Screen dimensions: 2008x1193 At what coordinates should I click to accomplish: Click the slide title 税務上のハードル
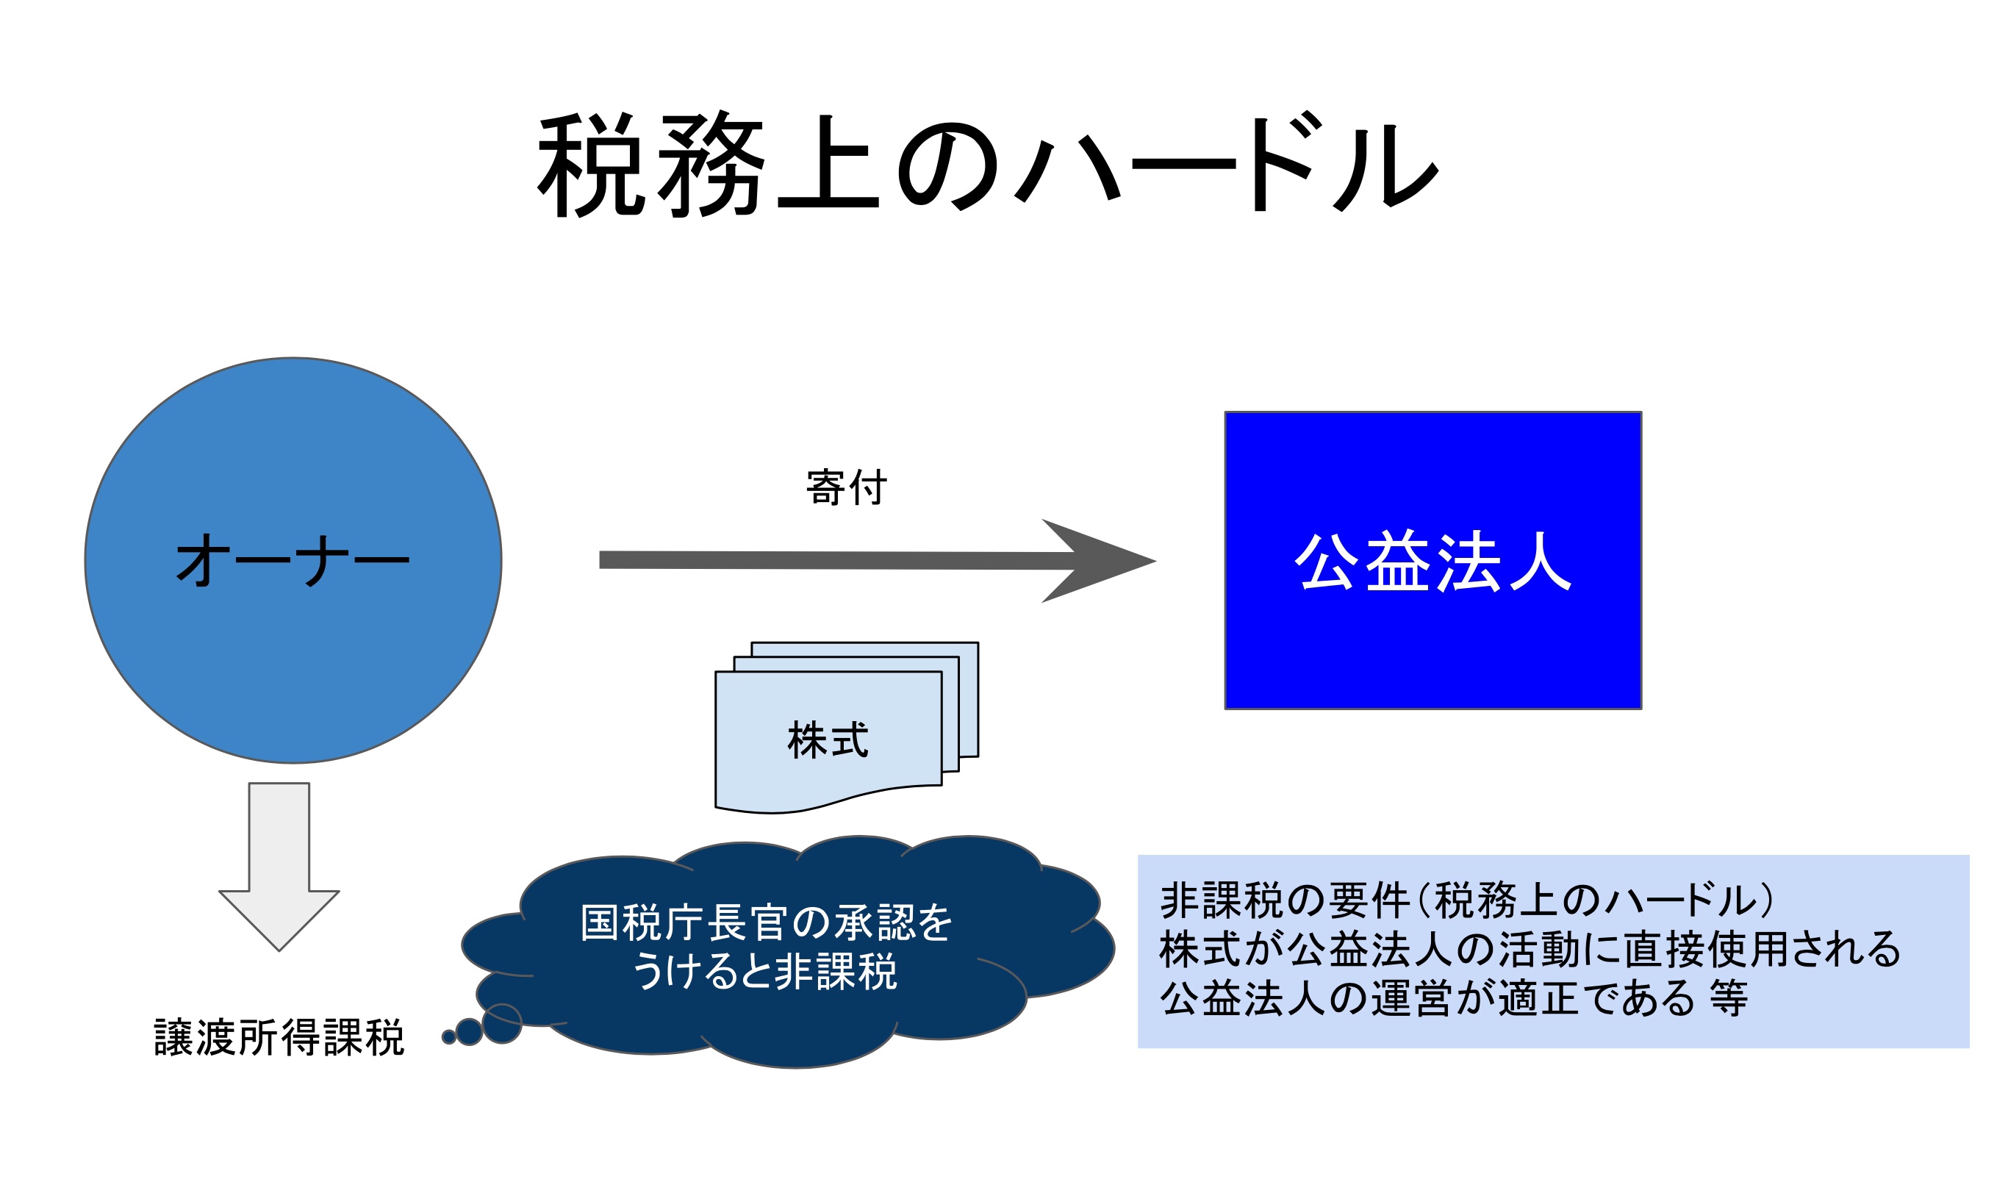(x=987, y=164)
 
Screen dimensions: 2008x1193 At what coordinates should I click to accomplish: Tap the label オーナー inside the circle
(x=293, y=560)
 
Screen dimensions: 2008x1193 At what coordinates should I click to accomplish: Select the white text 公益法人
(x=1433, y=561)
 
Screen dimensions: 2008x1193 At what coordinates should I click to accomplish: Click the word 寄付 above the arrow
(x=846, y=487)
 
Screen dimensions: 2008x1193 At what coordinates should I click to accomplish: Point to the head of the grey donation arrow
(x=1155, y=561)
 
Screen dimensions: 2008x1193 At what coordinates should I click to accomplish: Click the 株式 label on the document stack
(x=828, y=739)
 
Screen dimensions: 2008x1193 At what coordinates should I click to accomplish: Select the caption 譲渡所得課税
(x=279, y=1037)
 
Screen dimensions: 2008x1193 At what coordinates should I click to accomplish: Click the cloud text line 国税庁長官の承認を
(x=765, y=922)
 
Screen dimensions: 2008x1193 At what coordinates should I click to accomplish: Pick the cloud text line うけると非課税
(x=764, y=971)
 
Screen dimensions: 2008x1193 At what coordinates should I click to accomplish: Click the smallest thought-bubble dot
(x=449, y=1037)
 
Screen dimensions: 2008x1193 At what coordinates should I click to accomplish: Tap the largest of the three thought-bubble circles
(x=501, y=1023)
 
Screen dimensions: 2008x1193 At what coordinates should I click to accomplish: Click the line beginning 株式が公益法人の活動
(x=1530, y=949)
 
